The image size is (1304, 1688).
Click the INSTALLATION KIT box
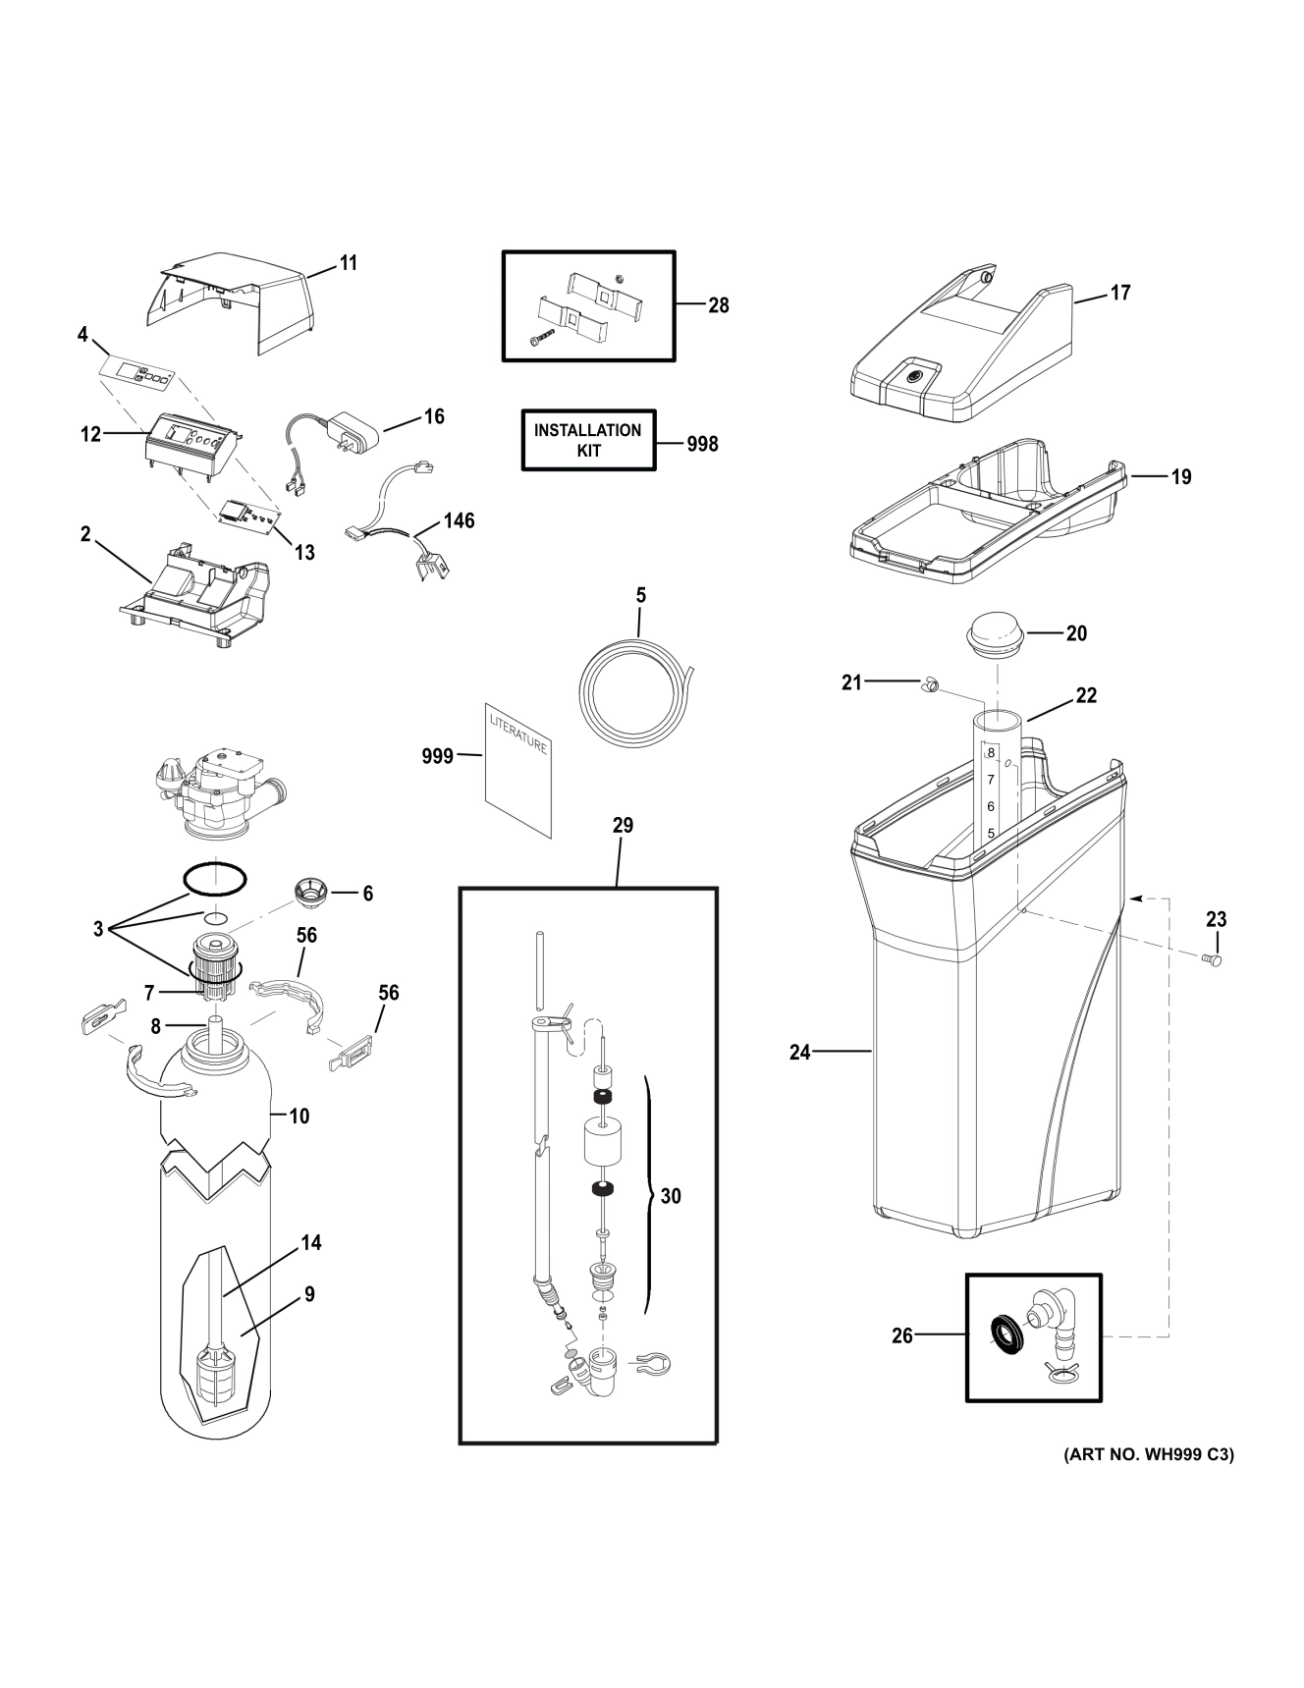pyautogui.click(x=587, y=441)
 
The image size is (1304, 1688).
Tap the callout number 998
pyautogui.click(x=702, y=444)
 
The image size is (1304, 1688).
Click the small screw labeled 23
pyautogui.click(x=1214, y=960)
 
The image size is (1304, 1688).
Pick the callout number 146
pyautogui.click(x=459, y=520)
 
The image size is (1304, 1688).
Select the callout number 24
pyautogui.click(x=800, y=1053)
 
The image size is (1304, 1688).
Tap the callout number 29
pyautogui.click(x=623, y=826)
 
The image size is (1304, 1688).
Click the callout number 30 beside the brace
pyautogui.click(x=671, y=1196)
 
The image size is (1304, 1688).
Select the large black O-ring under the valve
pyautogui.click(x=215, y=880)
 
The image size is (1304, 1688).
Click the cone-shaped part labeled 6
pyautogui.click(x=311, y=894)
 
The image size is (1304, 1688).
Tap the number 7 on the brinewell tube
pyautogui.click(x=992, y=780)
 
